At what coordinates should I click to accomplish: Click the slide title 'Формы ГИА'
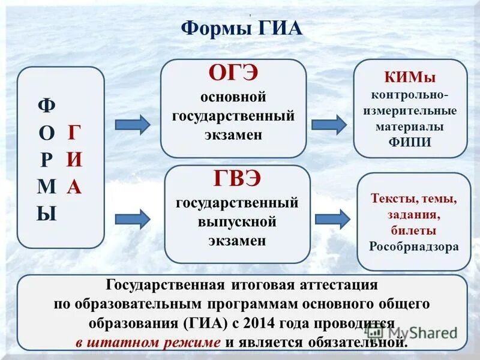[x=241, y=28]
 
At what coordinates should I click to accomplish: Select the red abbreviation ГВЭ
[x=237, y=179]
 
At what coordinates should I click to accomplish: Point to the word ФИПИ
[x=410, y=142]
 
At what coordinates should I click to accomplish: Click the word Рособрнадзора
[x=413, y=246]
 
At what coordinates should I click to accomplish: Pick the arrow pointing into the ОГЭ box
[x=132, y=124]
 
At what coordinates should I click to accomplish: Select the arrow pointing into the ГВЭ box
[x=132, y=219]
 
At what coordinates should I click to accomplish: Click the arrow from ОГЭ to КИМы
[x=329, y=124]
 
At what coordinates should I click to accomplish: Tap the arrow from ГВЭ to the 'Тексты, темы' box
[x=332, y=219]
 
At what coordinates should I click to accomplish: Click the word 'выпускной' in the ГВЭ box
[x=237, y=221]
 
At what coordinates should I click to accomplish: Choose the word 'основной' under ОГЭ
[x=233, y=97]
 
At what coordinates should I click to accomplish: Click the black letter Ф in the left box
[x=46, y=106]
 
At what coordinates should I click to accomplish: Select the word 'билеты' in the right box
[x=413, y=230]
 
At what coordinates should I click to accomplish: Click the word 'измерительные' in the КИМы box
[x=410, y=111]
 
